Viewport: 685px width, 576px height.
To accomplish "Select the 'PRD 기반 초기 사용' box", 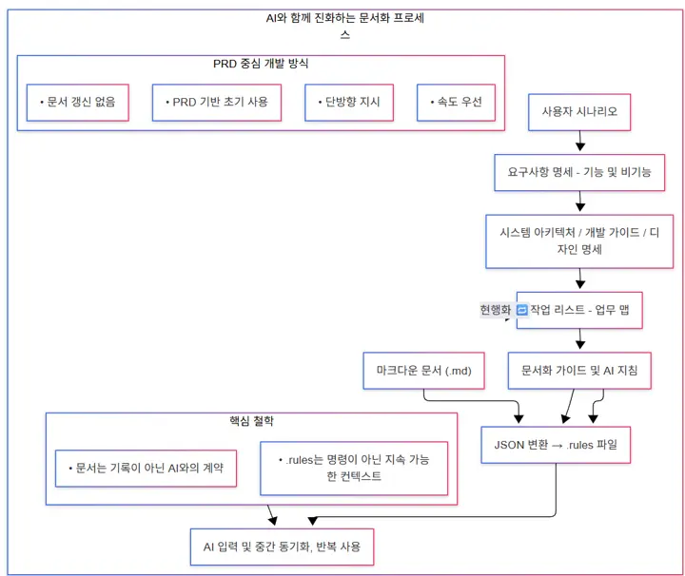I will pyautogui.click(x=217, y=103).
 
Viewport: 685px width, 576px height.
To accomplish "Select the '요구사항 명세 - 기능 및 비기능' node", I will pyautogui.click(x=579, y=174).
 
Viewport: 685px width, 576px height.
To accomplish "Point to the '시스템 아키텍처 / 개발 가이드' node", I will pyautogui.click(x=579, y=240).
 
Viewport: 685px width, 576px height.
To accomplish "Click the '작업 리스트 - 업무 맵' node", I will pyautogui.click(x=579, y=310).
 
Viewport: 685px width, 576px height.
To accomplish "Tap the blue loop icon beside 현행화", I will pyautogui.click(x=521, y=310).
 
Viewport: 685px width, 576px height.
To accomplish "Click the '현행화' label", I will pyautogui.click(x=496, y=310).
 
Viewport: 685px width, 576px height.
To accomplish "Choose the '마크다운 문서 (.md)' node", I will pyautogui.click(x=424, y=370).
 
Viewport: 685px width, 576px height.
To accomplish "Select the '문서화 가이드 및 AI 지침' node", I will pyautogui.click(x=579, y=370).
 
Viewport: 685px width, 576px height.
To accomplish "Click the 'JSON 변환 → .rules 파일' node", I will pyautogui.click(x=557, y=444).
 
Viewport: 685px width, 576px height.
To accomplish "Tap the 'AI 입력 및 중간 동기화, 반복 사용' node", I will pyautogui.click(x=282, y=547).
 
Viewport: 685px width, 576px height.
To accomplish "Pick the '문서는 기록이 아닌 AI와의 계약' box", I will pyautogui.click(x=146, y=468).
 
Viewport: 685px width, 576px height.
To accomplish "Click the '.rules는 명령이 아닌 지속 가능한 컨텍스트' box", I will pyautogui.click(x=353, y=468).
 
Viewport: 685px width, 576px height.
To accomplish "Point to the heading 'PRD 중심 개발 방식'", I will pyautogui.click(x=261, y=64).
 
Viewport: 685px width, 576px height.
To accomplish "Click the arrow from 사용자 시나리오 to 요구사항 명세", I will pyautogui.click(x=579, y=141).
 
